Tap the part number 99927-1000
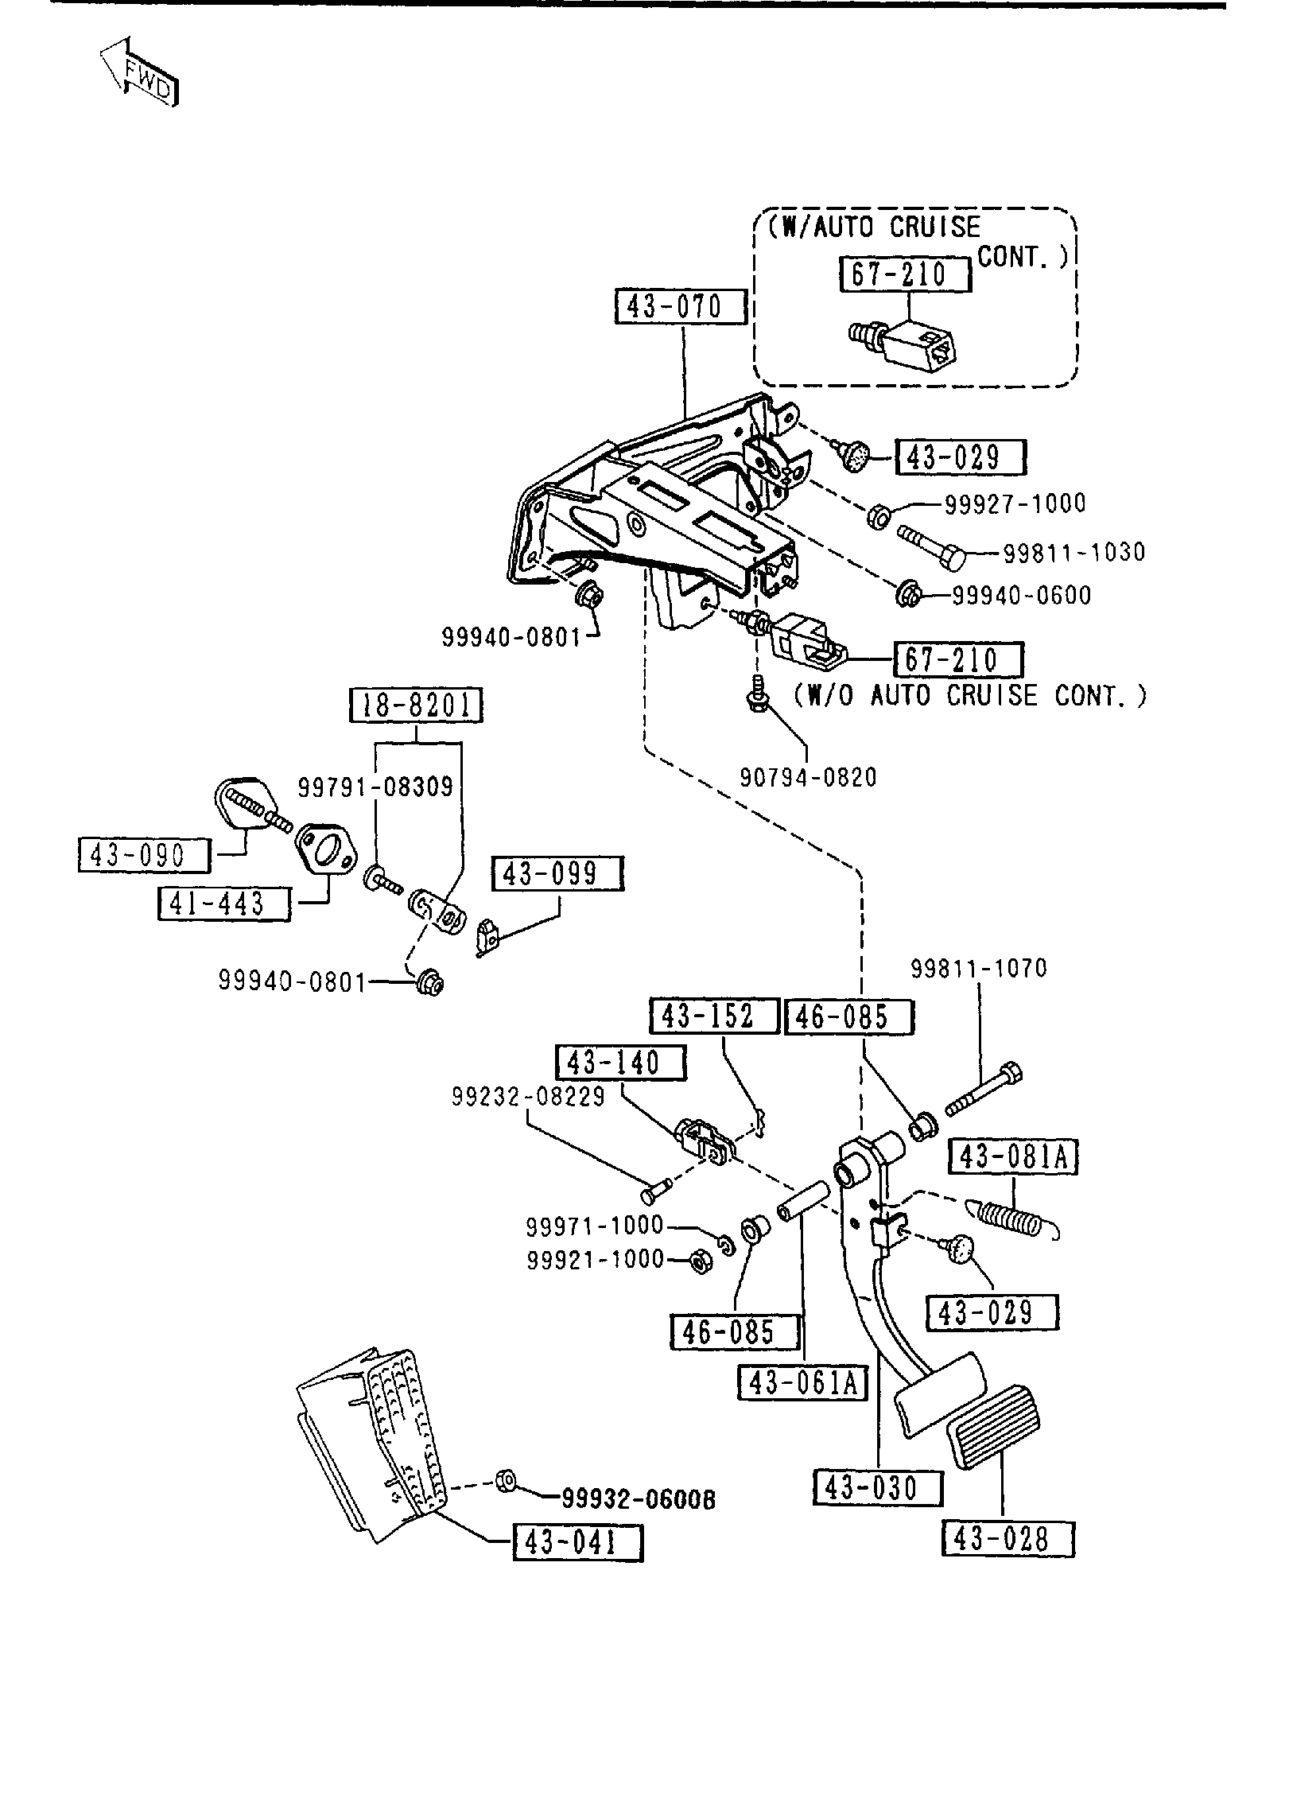1015,503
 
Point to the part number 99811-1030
1074,552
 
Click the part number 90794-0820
808,777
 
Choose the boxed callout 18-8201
417,706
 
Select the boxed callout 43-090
144,855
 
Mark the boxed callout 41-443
223,904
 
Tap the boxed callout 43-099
558,873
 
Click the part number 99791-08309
375,787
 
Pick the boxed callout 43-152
714,1016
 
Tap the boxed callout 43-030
878,1488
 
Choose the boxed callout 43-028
1008,1540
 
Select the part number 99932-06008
639,1499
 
